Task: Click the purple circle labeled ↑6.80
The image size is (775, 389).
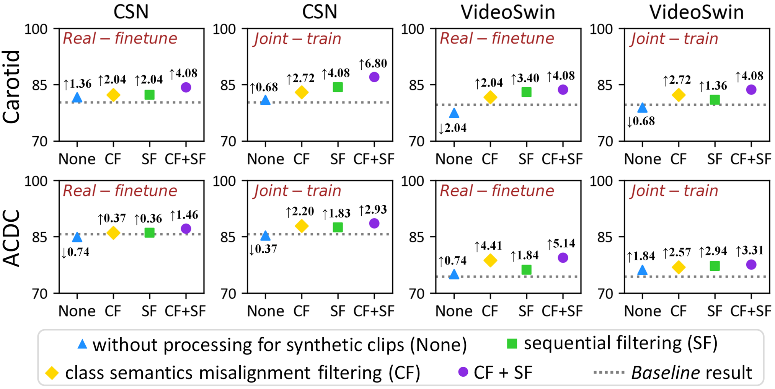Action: [x=374, y=77]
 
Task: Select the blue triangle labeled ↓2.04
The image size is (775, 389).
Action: [x=454, y=113]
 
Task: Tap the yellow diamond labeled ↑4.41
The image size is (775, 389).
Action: [x=490, y=261]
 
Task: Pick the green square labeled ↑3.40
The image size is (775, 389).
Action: [x=526, y=92]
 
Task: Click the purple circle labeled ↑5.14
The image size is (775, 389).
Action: [x=563, y=258]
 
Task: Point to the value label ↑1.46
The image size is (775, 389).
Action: [x=184, y=216]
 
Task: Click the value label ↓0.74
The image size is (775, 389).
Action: [x=75, y=252]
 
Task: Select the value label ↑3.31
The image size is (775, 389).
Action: [x=750, y=251]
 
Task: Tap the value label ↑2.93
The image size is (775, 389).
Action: [x=373, y=210]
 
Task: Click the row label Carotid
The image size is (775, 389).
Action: [x=11, y=87]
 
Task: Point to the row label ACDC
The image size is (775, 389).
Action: [x=11, y=238]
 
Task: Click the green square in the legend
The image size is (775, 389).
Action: [x=512, y=344]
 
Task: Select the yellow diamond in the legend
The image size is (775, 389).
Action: [x=52, y=373]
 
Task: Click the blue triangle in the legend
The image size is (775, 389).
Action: [x=82, y=344]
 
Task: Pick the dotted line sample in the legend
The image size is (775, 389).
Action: [x=609, y=373]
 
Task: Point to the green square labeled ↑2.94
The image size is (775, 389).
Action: [x=715, y=266]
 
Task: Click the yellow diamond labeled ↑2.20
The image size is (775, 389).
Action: [x=302, y=226]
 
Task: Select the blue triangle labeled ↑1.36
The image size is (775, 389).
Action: [x=77, y=98]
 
